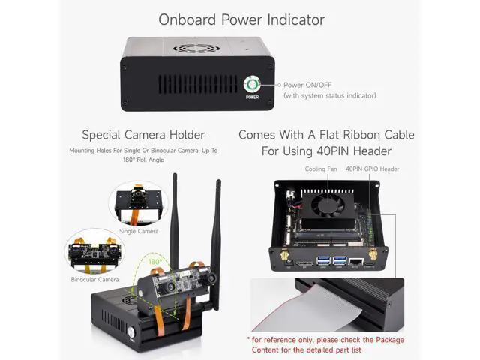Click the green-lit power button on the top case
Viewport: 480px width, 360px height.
[252, 84]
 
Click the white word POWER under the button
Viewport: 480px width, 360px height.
[252, 97]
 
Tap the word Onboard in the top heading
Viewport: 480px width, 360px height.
[187, 20]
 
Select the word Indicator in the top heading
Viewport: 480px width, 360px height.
[295, 20]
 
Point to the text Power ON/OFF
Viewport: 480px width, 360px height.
[307, 85]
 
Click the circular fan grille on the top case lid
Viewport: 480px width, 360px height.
[196, 48]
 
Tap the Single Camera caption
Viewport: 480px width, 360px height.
[139, 231]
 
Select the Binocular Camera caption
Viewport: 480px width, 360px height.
[94, 279]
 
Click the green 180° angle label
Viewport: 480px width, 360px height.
[155, 262]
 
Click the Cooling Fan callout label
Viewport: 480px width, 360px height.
[321, 169]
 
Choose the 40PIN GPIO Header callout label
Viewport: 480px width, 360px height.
[372, 169]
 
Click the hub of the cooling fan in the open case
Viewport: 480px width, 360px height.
[328, 205]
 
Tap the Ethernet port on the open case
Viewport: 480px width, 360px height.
[355, 262]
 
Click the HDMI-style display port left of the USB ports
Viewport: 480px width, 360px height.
[304, 263]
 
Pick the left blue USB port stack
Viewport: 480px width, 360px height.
[323, 261]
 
